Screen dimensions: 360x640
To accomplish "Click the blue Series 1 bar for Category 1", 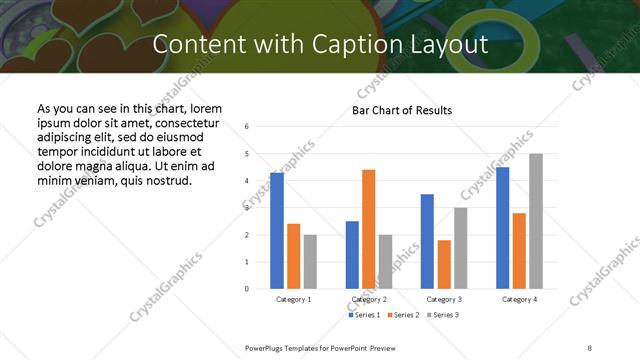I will coord(277,231).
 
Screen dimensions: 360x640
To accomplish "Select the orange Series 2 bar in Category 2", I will coord(369,229).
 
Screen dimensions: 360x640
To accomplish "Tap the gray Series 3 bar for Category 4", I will coord(536,221).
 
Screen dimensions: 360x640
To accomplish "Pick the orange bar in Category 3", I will coord(444,264).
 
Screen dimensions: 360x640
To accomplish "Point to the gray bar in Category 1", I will coord(310,262).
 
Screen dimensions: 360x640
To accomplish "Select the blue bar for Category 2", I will coord(352,255).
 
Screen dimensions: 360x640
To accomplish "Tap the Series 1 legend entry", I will coord(363,315).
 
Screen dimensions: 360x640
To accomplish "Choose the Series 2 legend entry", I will coord(402,315).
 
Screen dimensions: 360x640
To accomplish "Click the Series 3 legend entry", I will coord(441,315).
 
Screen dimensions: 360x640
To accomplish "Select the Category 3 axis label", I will coord(443,299).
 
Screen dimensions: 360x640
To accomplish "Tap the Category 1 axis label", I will coord(294,299).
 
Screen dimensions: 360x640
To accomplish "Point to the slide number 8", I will coord(590,347).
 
